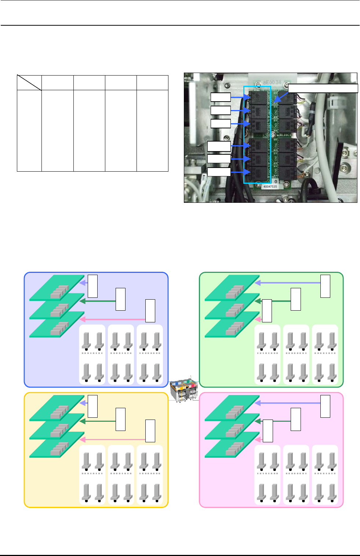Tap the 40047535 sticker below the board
tap(270, 186)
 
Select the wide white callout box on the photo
tap(323, 88)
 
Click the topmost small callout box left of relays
tap(221, 97)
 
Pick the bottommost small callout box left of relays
tap(219, 172)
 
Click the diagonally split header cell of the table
tap(29, 83)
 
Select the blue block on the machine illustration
tap(178, 383)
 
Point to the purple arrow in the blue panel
tap(83, 283)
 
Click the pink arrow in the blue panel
tap(112, 319)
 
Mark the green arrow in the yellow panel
tap(98, 421)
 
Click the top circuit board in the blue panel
tap(57, 287)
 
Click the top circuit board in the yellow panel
tap(57, 407)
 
